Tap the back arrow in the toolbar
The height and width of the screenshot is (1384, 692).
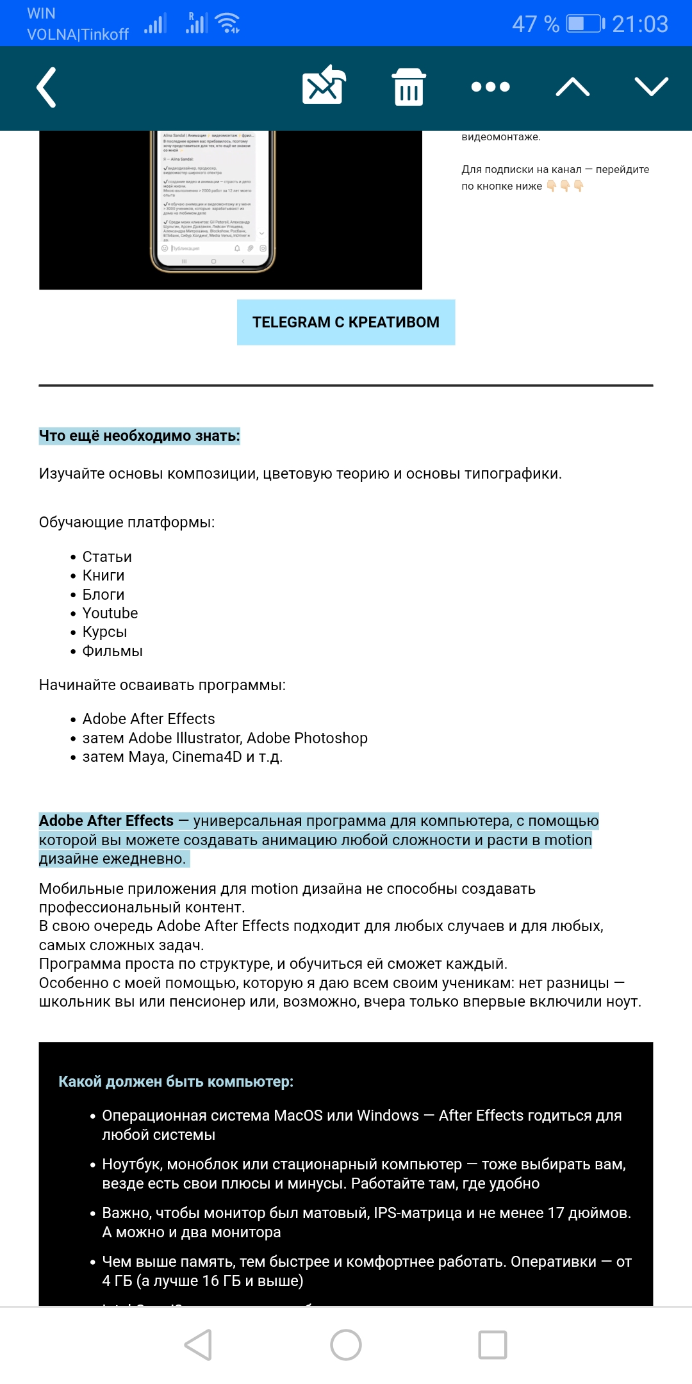[x=46, y=87]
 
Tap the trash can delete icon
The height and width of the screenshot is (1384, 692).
[x=409, y=86]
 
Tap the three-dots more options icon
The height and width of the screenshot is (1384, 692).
[x=490, y=86]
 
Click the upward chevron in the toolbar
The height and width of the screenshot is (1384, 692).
[x=572, y=86]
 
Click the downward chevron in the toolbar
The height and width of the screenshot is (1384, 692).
[x=651, y=86]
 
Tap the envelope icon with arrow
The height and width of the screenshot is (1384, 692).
[x=324, y=85]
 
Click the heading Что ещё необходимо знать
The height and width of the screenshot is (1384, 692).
[x=139, y=436]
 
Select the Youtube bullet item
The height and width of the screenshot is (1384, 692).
[x=110, y=614]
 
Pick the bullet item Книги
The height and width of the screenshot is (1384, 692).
[x=103, y=576]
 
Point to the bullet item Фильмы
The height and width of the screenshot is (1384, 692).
[x=112, y=652]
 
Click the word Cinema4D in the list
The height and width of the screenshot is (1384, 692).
[x=207, y=757]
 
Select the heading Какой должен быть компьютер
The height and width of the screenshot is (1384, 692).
[x=176, y=1082]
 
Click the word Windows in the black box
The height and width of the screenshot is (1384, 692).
[x=388, y=1116]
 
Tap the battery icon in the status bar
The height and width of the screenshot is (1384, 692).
[x=585, y=24]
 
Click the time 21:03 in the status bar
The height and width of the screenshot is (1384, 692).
[x=639, y=24]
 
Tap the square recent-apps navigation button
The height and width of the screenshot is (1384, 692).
[x=493, y=1345]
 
